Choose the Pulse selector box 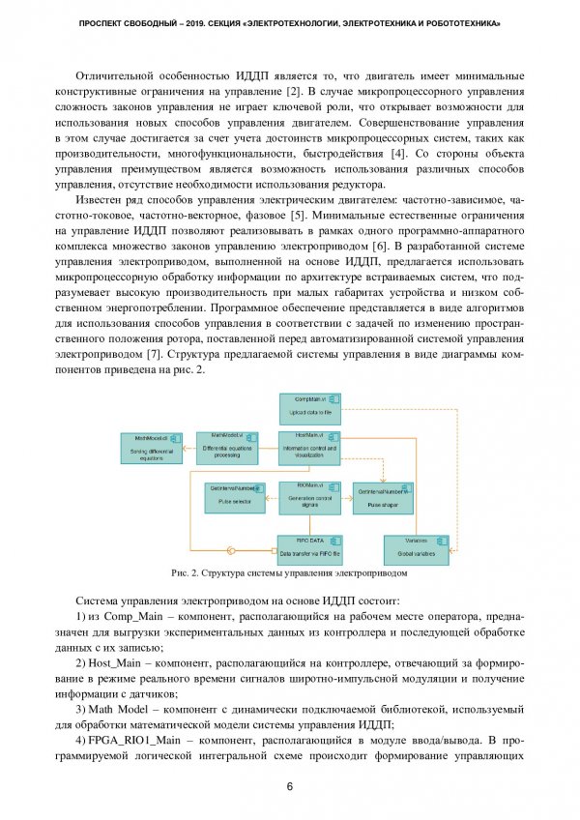click(236, 496)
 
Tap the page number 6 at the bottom click(290, 786)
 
